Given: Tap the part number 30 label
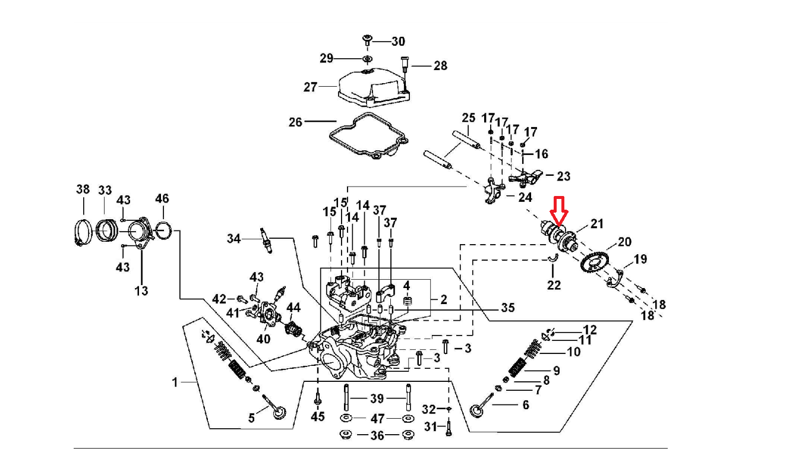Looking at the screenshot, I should click(x=397, y=41).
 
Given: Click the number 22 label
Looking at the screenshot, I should click(x=554, y=285).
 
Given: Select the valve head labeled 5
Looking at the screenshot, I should click(x=278, y=411).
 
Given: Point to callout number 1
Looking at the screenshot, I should click(x=175, y=382).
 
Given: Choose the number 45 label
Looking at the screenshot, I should click(x=318, y=416).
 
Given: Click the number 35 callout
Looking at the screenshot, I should click(x=507, y=308).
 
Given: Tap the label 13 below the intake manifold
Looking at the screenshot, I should click(x=141, y=290).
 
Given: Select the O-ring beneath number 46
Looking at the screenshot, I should click(x=163, y=229).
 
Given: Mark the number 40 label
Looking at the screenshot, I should click(x=263, y=339).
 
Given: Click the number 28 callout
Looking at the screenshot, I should click(x=440, y=65).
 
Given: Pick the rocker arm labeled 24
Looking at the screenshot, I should click(x=494, y=192).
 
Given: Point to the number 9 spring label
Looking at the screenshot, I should click(x=556, y=371).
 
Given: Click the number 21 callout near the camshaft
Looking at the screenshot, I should click(x=596, y=223).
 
